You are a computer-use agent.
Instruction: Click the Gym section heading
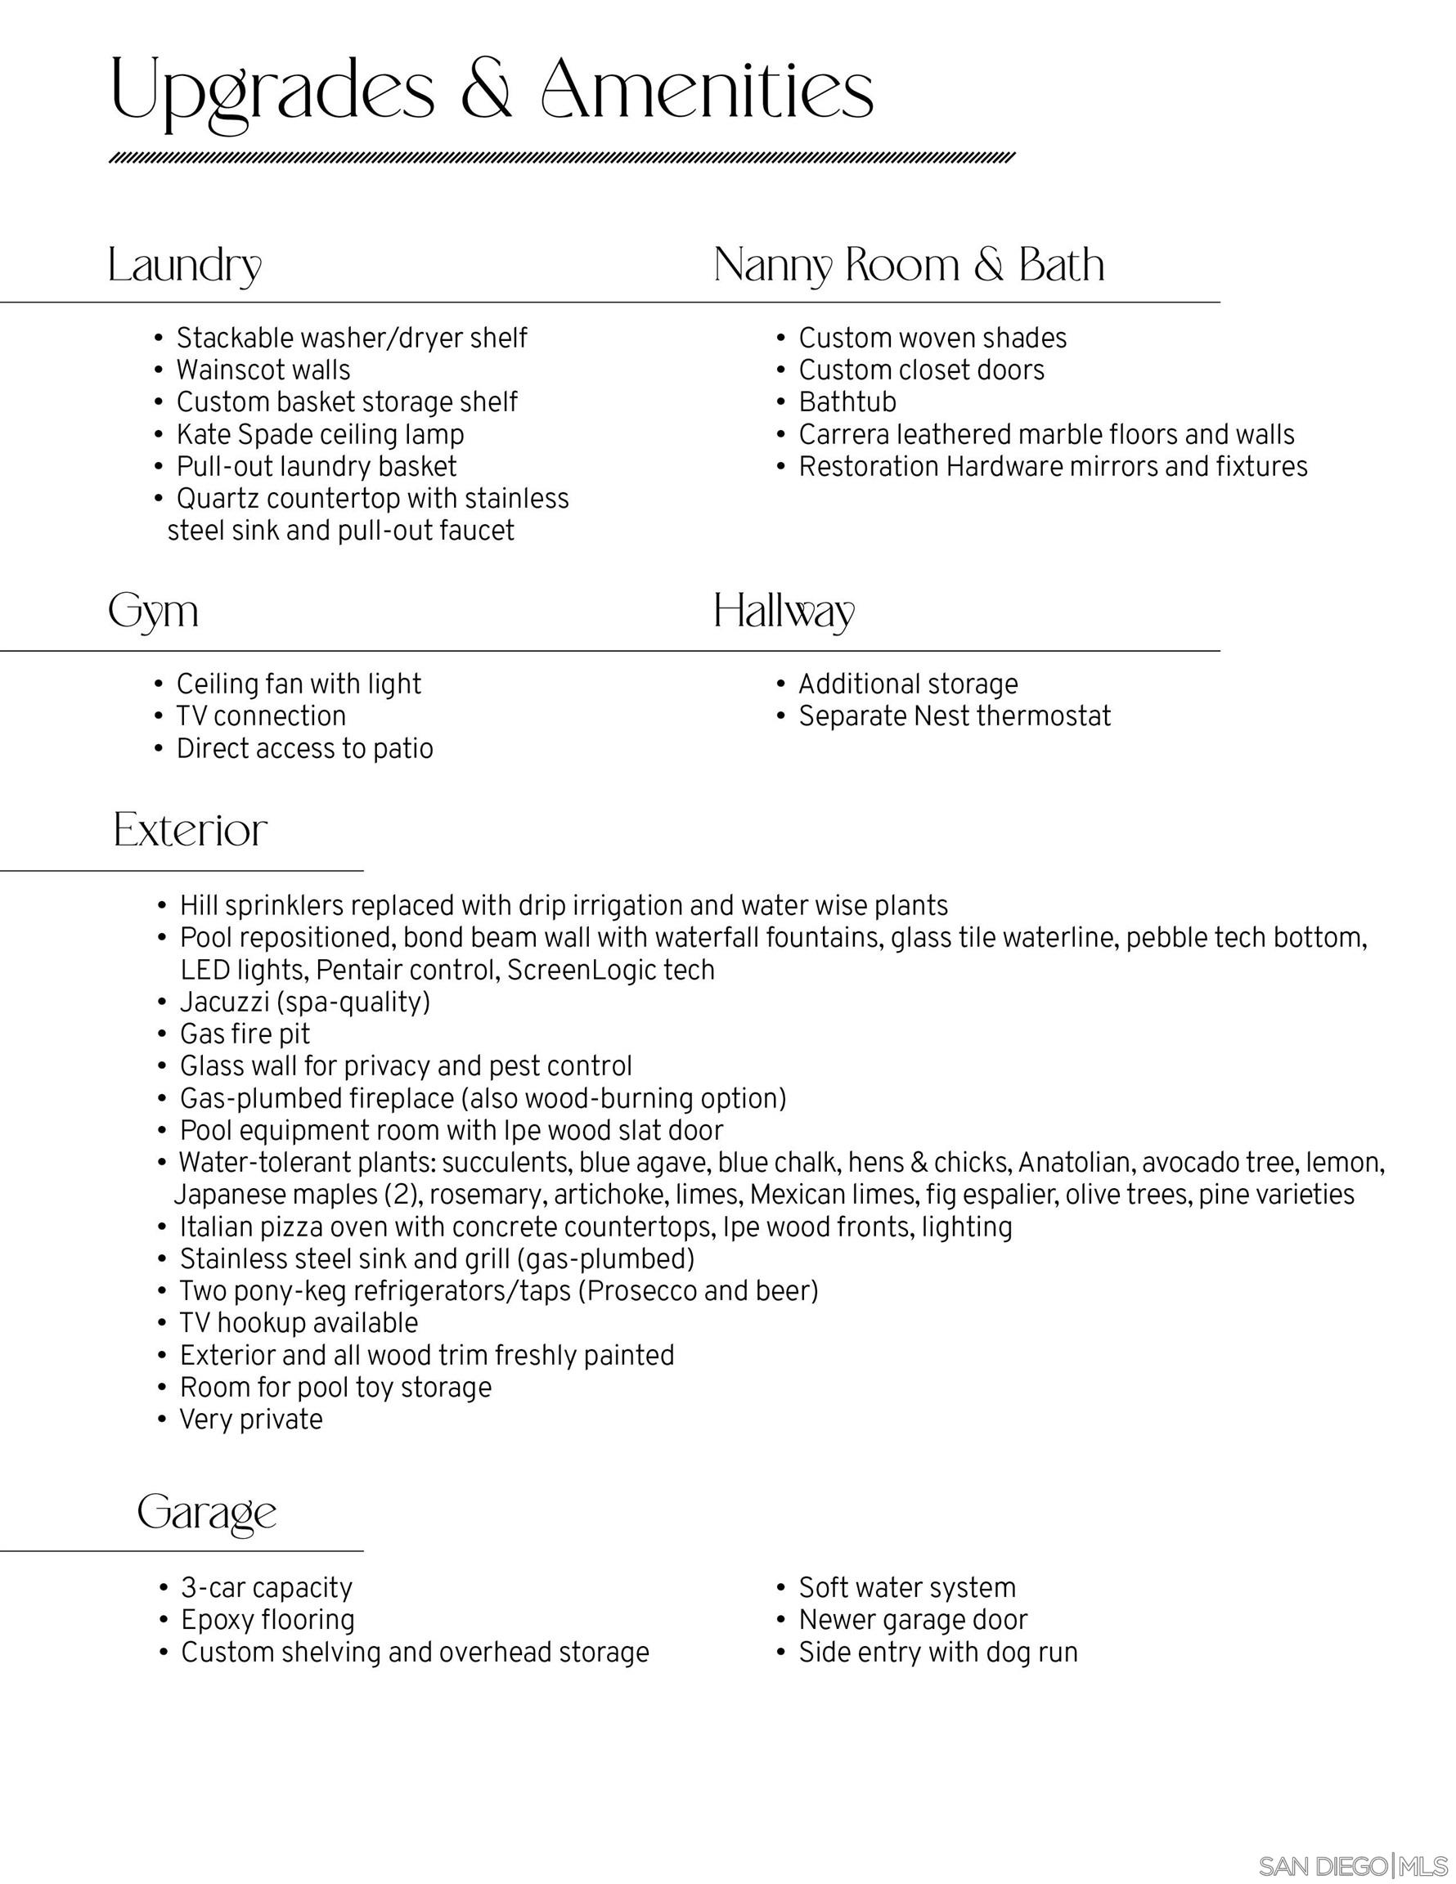(154, 612)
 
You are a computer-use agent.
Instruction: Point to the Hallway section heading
(784, 612)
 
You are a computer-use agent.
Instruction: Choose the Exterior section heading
(191, 830)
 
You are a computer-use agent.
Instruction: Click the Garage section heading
(207, 1511)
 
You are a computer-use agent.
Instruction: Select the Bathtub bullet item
(847, 402)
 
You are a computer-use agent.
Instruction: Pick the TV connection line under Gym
(261, 716)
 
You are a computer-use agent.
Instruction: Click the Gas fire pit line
(245, 1034)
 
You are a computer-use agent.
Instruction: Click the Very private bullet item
(250, 1419)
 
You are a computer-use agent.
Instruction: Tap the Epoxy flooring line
(267, 1619)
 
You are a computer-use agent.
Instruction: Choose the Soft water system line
(907, 1587)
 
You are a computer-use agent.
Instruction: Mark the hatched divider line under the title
(562, 158)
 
